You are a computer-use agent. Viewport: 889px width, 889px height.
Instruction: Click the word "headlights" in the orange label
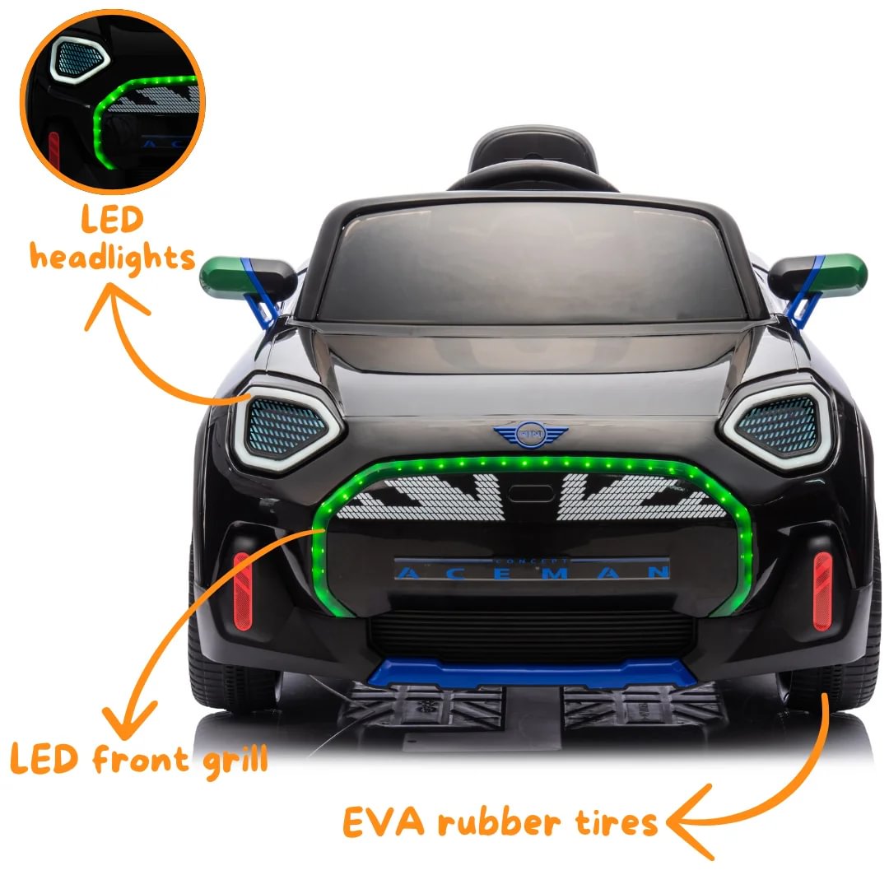[x=113, y=258]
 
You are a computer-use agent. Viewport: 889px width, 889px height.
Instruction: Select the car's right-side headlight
[x=777, y=422]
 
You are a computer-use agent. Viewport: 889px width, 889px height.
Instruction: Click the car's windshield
[x=531, y=263]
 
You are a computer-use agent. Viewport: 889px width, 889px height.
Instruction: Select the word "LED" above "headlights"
[x=113, y=221]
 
